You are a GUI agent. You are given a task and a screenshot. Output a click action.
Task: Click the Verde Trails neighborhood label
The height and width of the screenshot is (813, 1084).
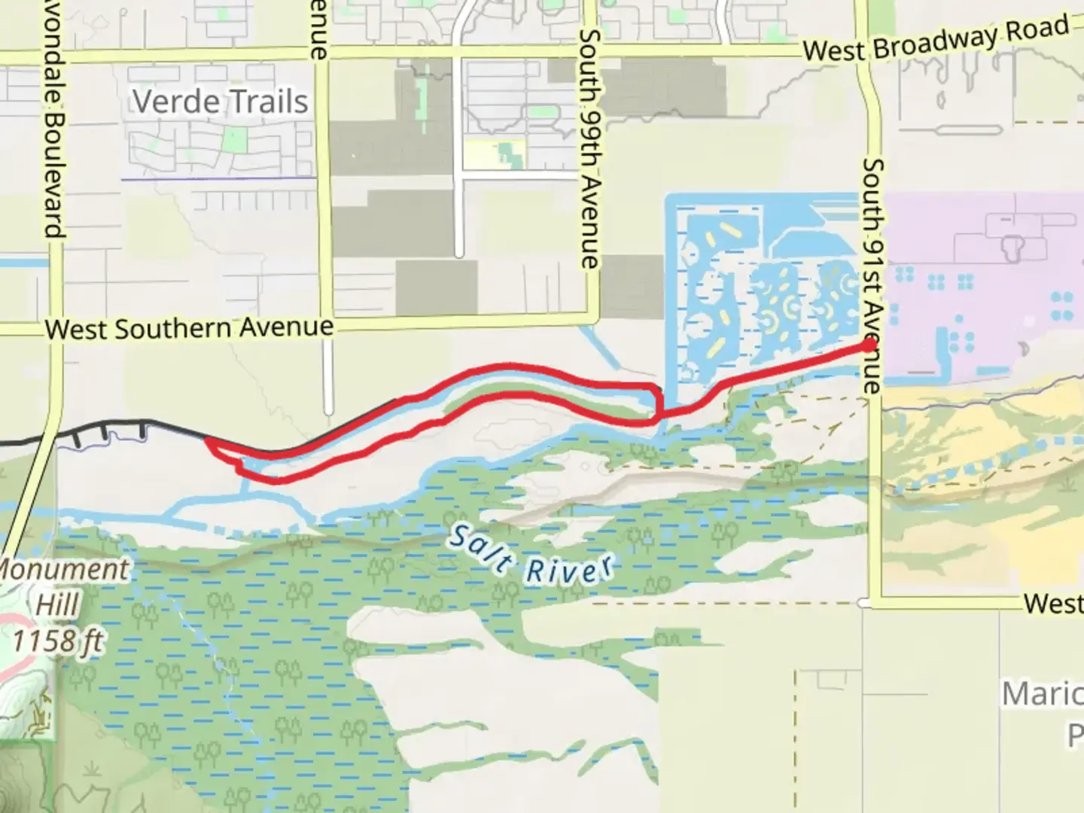tap(221, 102)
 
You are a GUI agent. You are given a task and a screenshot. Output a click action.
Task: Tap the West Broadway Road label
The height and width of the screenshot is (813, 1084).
tap(935, 39)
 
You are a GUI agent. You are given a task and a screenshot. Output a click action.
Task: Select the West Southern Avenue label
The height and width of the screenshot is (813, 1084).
tap(189, 329)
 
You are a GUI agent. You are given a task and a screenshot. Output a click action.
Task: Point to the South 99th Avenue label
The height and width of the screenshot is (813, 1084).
tap(590, 148)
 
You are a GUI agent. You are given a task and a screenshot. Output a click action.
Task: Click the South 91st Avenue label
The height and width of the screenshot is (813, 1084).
tap(873, 275)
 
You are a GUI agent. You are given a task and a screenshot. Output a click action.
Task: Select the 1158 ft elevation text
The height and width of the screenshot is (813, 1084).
tap(59, 642)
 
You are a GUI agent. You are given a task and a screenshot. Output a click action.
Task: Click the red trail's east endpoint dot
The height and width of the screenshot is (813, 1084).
tap(869, 345)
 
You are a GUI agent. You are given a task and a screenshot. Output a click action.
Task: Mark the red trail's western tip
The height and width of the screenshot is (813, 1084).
tap(207, 441)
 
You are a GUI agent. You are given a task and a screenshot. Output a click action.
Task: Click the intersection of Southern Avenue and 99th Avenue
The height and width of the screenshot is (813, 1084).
tap(593, 318)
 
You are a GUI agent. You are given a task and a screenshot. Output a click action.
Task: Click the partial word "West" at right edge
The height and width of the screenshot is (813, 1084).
tap(1053, 603)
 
